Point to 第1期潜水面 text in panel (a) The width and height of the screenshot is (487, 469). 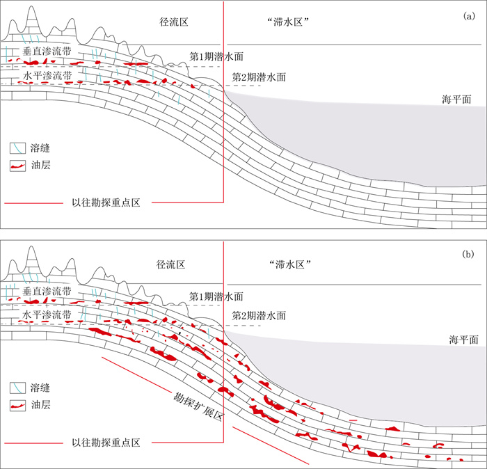[216, 55]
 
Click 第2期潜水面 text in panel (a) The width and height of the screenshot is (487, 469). [258, 77]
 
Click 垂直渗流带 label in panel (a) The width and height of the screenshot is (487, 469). [47, 51]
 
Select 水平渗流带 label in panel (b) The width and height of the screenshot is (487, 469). [47, 315]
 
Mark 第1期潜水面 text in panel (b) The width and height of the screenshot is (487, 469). [216, 296]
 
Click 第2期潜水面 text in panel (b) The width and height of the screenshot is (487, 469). [258, 315]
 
